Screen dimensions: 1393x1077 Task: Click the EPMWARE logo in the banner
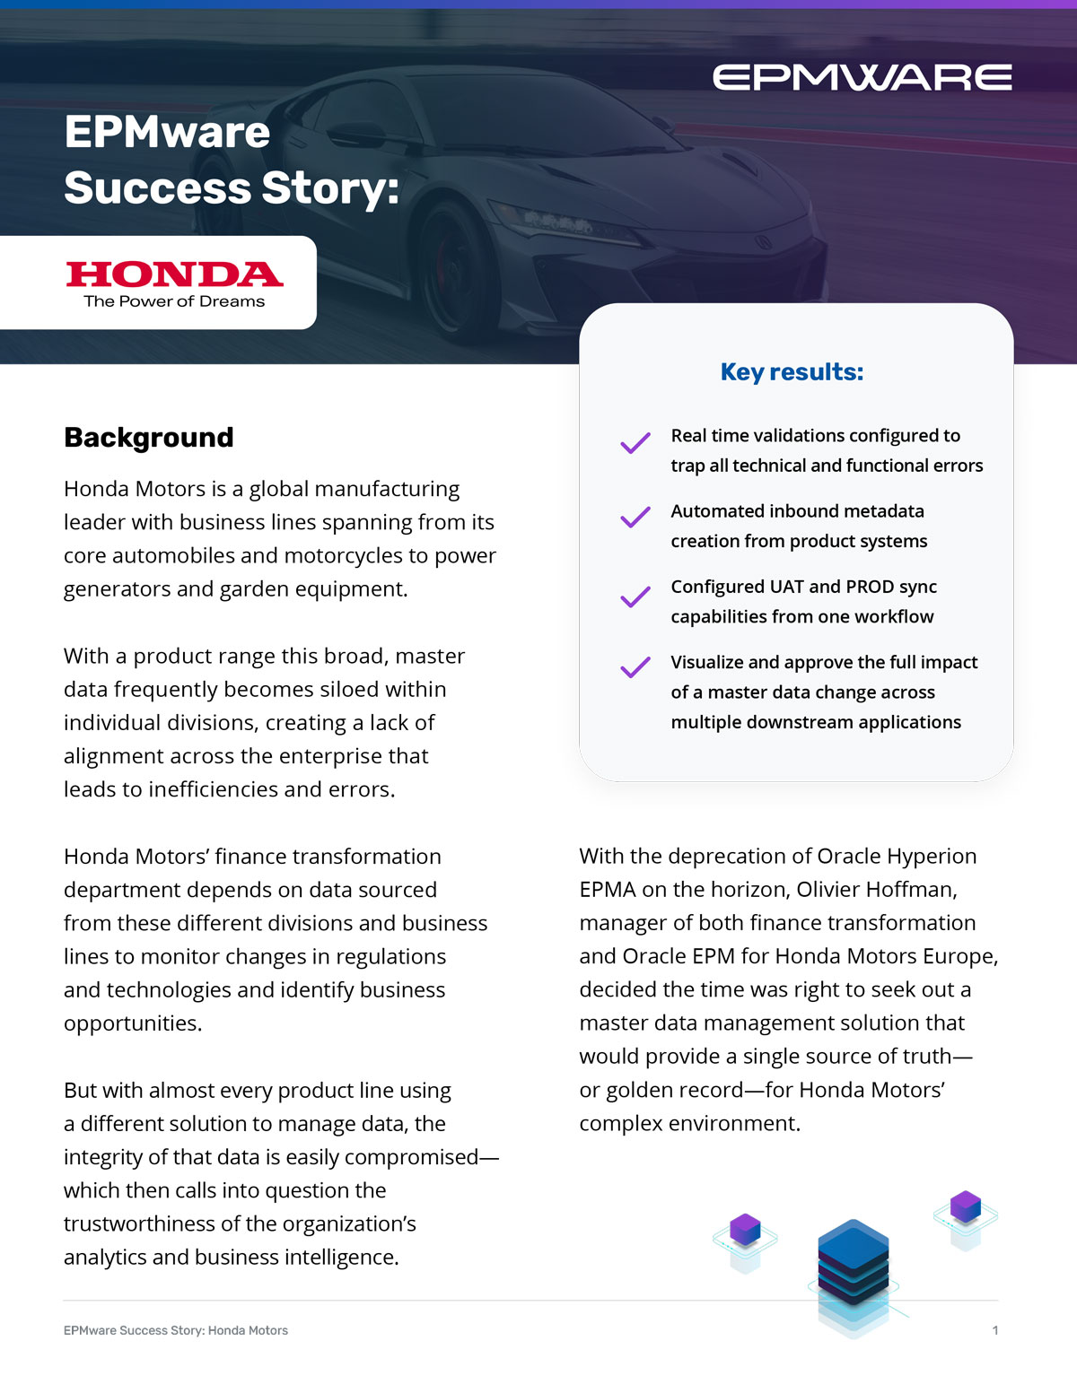(x=862, y=77)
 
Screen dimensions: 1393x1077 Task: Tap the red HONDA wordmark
(x=174, y=274)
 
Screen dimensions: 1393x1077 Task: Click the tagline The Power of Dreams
(x=174, y=301)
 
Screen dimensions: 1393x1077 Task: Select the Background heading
(x=149, y=437)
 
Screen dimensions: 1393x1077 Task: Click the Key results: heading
(x=792, y=371)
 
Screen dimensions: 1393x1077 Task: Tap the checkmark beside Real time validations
(x=635, y=442)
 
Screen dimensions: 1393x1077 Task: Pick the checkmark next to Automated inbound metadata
(x=635, y=518)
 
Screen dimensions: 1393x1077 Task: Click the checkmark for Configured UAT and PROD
(x=635, y=596)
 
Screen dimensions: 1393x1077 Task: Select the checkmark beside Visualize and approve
(x=635, y=667)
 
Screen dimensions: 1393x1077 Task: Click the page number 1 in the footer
(x=994, y=1330)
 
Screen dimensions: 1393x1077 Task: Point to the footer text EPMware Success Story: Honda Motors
(x=176, y=1330)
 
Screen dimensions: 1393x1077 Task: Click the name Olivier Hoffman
(x=876, y=889)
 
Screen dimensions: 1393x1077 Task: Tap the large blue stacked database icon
(x=853, y=1265)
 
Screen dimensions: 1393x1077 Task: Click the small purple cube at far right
(x=966, y=1206)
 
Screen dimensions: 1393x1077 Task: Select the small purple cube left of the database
(x=745, y=1229)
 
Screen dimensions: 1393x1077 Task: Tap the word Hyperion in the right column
(x=932, y=856)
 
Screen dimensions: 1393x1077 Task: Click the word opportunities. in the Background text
(x=133, y=1023)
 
